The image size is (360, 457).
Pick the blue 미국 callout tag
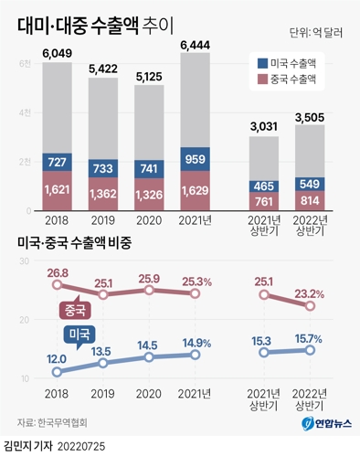[76, 335]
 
